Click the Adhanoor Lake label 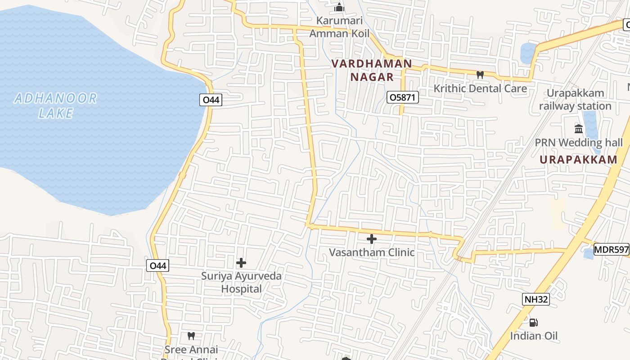pos(55,105)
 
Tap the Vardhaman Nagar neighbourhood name pos(372,70)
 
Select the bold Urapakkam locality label pos(579,160)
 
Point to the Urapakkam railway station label pos(575,99)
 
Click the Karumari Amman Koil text pos(339,27)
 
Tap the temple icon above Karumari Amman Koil pos(339,7)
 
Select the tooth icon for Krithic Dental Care pos(480,75)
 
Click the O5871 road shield pos(403,97)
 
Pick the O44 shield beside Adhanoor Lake pos(211,100)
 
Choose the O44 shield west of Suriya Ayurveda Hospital pos(158,266)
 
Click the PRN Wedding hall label pos(579,143)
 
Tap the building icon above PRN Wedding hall pos(579,129)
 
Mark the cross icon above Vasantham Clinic pos(371,239)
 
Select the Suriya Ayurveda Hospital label pos(241,282)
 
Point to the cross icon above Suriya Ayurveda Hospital pos(241,262)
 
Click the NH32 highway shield pos(536,299)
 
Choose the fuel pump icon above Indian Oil pos(533,322)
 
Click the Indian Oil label pos(533,336)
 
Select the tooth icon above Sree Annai pos(191,336)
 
